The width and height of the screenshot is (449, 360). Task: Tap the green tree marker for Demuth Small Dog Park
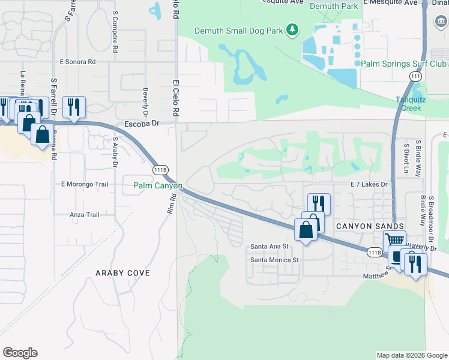tap(292, 29)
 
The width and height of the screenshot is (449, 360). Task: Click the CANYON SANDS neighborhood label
tap(358, 226)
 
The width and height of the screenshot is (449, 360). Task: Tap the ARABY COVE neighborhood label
tap(122, 273)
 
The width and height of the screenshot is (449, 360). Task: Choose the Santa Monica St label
tap(274, 260)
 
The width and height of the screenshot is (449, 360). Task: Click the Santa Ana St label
tap(270, 246)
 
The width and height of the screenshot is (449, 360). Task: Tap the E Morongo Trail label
tap(85, 184)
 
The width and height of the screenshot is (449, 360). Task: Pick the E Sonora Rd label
tap(78, 62)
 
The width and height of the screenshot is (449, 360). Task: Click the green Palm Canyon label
tap(157, 185)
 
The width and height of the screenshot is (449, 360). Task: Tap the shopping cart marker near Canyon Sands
tap(394, 239)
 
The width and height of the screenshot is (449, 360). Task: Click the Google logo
tap(20, 353)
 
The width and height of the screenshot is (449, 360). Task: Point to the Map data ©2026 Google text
tap(411, 355)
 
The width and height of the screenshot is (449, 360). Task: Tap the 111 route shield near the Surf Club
tap(415, 77)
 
